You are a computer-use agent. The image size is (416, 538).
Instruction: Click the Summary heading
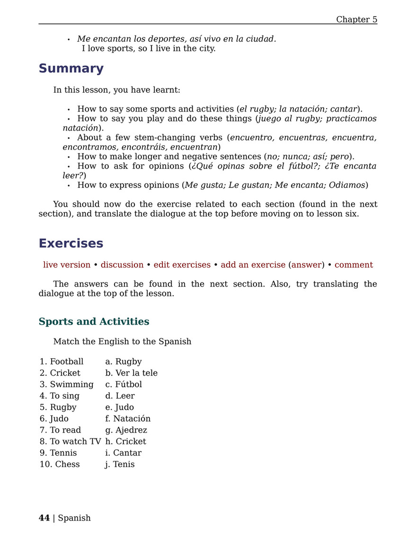point(71,69)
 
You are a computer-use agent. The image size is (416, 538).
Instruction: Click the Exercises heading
point(71,243)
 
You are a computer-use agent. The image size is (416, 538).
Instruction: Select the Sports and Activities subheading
point(94,322)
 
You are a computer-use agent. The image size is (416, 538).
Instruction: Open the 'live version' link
point(67,265)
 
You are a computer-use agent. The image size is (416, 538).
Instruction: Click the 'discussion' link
point(122,265)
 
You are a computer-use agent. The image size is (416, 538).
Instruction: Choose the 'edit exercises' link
point(182,265)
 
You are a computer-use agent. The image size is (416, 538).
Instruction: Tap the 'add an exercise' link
point(253,265)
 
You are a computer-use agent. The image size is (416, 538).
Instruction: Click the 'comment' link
point(354,265)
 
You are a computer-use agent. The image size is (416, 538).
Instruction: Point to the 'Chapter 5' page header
point(356,19)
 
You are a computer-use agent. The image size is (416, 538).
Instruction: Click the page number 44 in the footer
point(44,518)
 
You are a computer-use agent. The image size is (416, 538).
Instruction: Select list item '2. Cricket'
point(60,373)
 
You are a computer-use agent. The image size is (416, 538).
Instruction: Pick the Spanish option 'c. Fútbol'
point(124,384)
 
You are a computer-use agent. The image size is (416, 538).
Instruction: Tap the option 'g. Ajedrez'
point(126,430)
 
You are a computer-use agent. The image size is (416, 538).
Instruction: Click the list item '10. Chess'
point(60,464)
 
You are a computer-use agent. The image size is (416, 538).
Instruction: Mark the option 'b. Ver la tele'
point(131,373)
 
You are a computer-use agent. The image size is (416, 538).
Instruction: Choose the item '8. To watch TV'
point(70,441)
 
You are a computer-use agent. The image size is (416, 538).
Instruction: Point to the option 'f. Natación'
point(128,419)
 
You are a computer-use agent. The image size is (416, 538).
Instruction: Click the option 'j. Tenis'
point(120,464)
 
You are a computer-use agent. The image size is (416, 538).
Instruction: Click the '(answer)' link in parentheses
point(306,265)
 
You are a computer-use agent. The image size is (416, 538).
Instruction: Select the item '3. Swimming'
point(67,384)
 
